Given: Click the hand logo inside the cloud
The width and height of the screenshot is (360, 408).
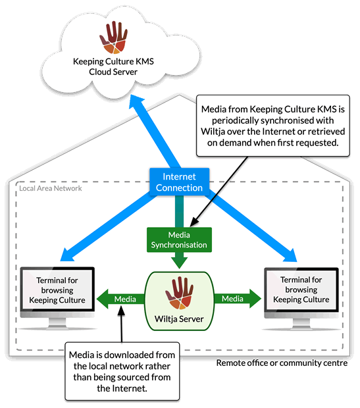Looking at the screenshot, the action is tap(113, 38).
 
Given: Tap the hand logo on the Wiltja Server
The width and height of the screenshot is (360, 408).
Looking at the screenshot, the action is tap(180, 293).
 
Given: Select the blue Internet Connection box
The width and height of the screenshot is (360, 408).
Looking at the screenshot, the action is tap(180, 182).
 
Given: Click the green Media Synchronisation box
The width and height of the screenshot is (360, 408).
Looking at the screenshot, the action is tap(180, 240).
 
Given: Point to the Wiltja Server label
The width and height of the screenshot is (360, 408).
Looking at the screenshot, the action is tap(179, 319).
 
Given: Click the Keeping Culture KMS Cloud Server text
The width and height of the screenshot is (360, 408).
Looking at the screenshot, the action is tap(113, 66).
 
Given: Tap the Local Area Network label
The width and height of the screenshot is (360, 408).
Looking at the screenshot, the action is tap(51, 188).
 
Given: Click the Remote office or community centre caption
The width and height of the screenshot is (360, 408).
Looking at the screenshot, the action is tap(282, 363).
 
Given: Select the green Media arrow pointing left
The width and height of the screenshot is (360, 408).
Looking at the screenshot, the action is tap(120, 299).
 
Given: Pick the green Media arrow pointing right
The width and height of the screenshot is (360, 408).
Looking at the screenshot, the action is tap(238, 299).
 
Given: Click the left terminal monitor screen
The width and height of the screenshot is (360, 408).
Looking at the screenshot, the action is tap(57, 290).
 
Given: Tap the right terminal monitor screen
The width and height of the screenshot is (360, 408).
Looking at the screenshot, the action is tap(301, 290).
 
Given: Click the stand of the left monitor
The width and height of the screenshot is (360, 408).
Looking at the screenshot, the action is tap(57, 324).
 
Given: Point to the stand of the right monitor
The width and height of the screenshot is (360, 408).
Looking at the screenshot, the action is tap(301, 324).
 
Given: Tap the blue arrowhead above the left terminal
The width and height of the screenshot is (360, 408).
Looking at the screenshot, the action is tap(67, 255).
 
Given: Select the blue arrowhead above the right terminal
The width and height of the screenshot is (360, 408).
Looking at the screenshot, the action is tap(290, 255).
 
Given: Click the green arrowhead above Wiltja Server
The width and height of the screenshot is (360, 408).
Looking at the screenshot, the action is tap(180, 263).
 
